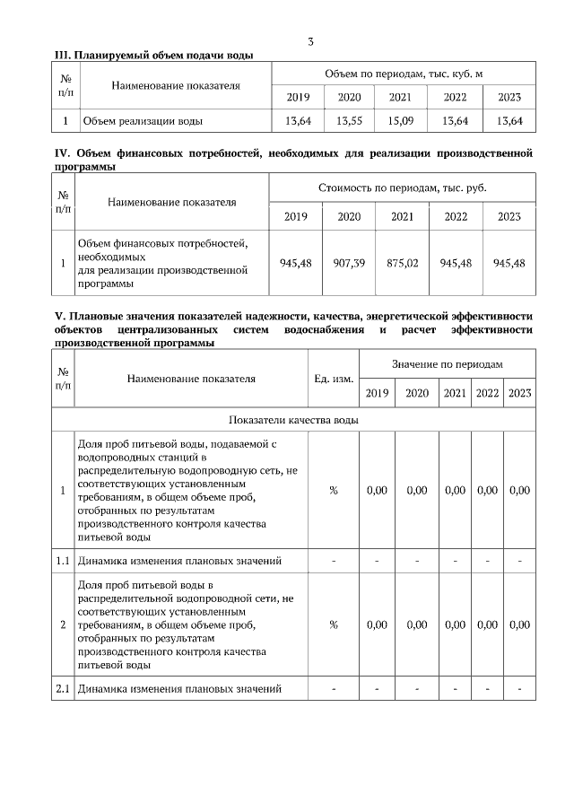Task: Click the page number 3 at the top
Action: tap(310, 41)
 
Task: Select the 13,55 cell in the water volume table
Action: tap(349, 120)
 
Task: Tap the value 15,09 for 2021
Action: tap(400, 120)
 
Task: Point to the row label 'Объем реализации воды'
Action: tap(143, 120)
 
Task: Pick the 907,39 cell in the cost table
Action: tap(349, 263)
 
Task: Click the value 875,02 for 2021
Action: tap(402, 263)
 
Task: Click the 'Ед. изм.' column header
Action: tap(333, 379)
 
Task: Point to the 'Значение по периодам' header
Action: tap(447, 364)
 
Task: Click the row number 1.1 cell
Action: tap(63, 562)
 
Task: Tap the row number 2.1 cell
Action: tap(63, 689)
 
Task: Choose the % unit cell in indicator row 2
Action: tap(333, 625)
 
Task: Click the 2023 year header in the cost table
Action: tap(509, 216)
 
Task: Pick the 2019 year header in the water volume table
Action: tap(298, 97)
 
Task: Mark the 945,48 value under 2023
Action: tap(509, 263)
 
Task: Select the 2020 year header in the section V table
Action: tap(417, 393)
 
